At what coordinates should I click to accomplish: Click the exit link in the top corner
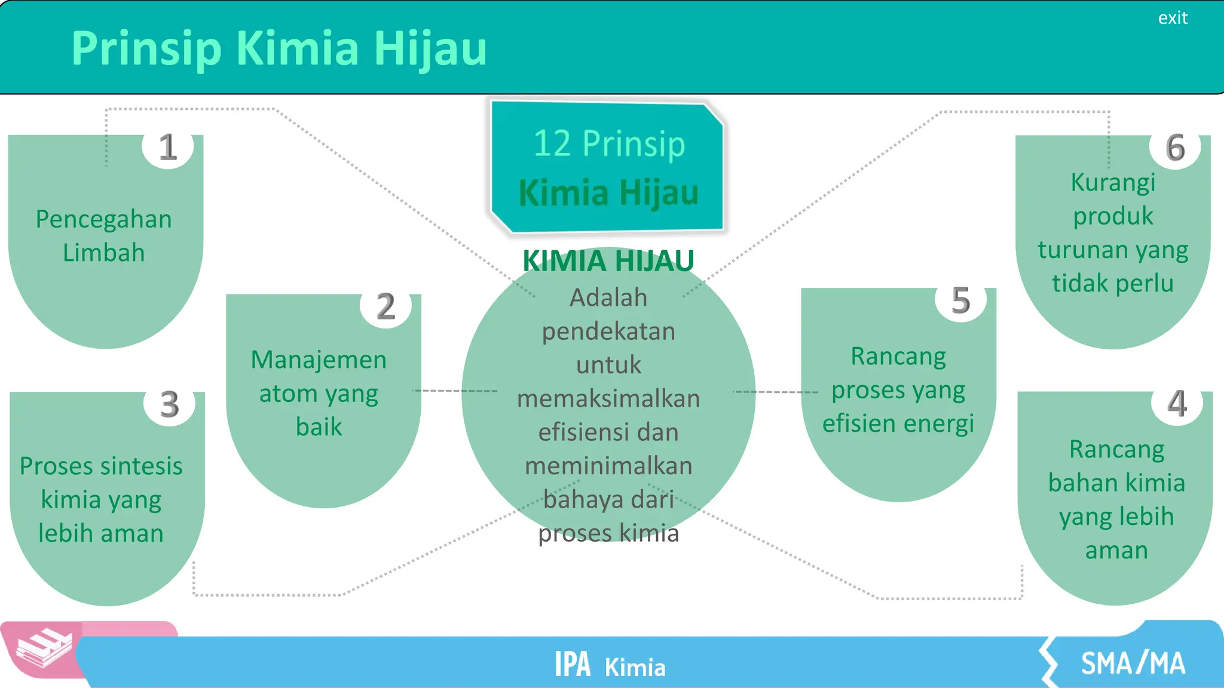click(1173, 18)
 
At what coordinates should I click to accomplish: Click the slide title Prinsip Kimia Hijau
click(279, 48)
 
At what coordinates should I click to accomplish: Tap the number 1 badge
click(168, 147)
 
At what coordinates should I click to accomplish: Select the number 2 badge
click(385, 306)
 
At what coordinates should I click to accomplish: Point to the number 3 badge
click(170, 404)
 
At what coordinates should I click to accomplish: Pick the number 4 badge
click(1177, 404)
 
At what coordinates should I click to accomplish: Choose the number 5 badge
click(960, 300)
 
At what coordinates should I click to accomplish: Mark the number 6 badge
click(1175, 148)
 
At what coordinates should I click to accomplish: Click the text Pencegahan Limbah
click(103, 235)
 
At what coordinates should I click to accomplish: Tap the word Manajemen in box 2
click(319, 360)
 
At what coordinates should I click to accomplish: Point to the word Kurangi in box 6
click(1113, 182)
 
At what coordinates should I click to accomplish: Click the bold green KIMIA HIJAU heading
click(608, 261)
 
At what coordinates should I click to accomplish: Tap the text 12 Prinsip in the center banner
click(609, 143)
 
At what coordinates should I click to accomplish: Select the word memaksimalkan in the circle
click(608, 398)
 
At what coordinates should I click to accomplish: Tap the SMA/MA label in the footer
click(1133, 664)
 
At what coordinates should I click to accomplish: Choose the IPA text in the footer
click(573, 664)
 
